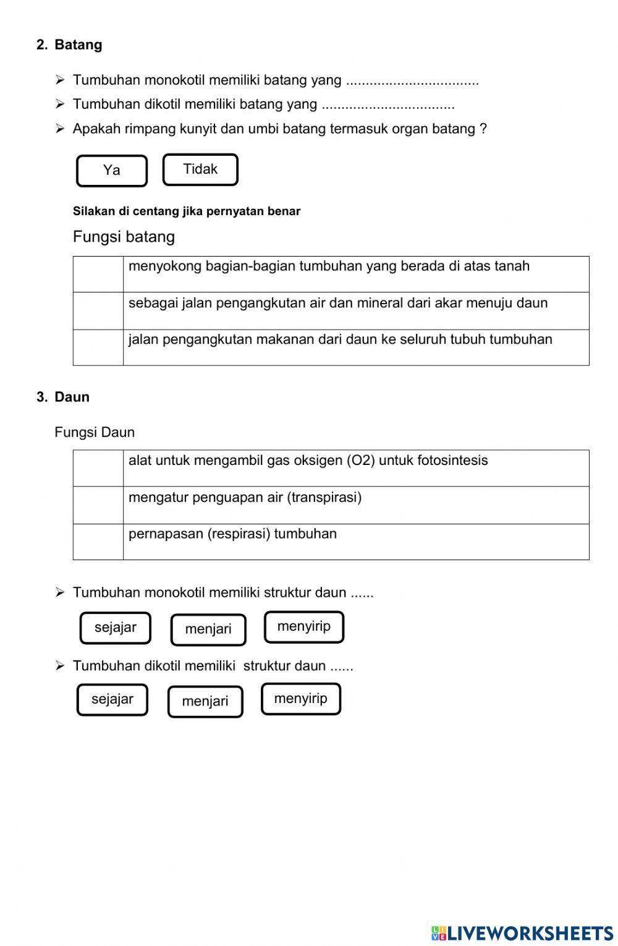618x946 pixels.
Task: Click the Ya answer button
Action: (112, 171)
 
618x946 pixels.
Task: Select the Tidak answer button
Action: (200, 169)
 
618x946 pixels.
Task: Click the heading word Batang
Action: (78, 45)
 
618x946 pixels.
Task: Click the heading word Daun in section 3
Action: (72, 397)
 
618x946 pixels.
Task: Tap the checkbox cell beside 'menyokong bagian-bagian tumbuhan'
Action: (98, 274)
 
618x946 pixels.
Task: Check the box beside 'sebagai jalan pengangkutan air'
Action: (98, 310)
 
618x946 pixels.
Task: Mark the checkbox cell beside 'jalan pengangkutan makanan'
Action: (98, 347)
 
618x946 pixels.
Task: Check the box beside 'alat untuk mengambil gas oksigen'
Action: (98, 468)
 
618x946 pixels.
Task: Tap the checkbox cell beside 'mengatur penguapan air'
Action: (98, 505)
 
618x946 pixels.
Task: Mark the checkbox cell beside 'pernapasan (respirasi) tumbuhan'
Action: (98, 542)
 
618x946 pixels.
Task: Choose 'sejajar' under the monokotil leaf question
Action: (116, 628)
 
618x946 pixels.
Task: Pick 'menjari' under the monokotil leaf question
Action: (208, 629)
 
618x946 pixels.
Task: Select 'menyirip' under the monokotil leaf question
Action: (304, 627)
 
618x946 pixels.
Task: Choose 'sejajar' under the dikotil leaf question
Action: (112, 699)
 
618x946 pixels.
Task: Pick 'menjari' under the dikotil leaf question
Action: (205, 701)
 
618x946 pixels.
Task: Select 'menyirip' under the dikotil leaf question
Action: (301, 699)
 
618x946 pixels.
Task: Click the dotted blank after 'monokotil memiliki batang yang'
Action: (412, 81)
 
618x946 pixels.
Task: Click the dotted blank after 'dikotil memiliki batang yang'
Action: (388, 105)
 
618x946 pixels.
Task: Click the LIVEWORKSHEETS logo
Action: (522, 932)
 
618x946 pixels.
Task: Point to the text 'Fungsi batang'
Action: (124, 237)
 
